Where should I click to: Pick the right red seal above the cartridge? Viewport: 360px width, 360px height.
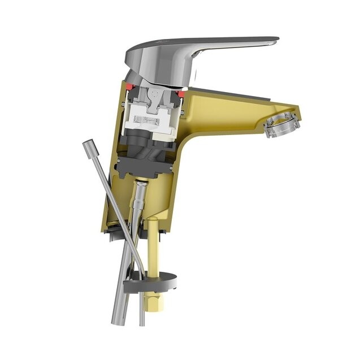[x=181, y=93]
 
